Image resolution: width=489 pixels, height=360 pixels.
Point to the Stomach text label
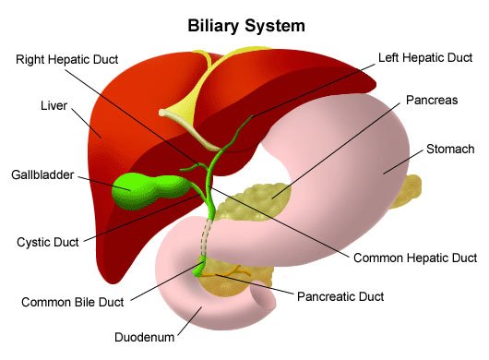tap(450, 148)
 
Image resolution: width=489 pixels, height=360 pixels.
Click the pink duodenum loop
tap(185, 286)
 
